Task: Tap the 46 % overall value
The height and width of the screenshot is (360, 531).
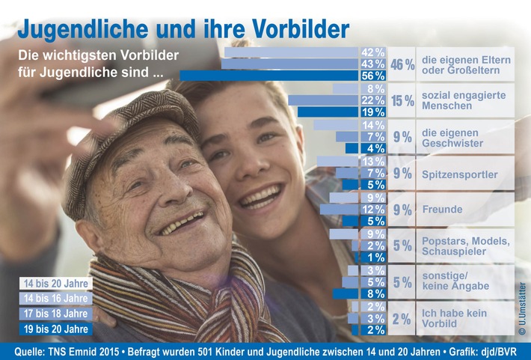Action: [402, 64]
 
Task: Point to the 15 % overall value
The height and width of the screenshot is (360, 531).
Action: [402, 100]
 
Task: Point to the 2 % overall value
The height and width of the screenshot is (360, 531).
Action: [402, 319]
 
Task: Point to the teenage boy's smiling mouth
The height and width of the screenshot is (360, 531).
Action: [260, 198]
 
